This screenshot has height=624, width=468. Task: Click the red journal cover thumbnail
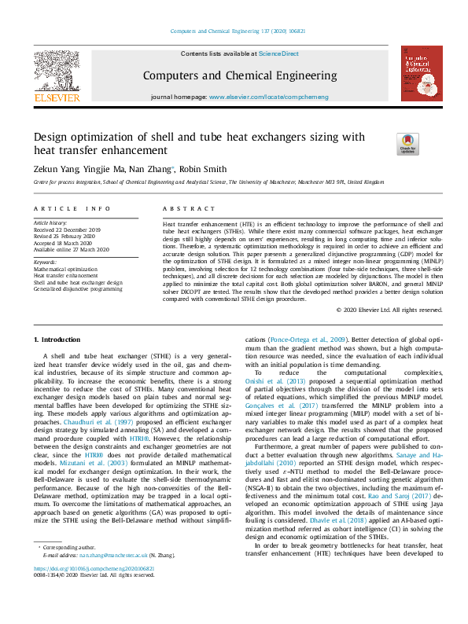(x=421, y=73)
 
